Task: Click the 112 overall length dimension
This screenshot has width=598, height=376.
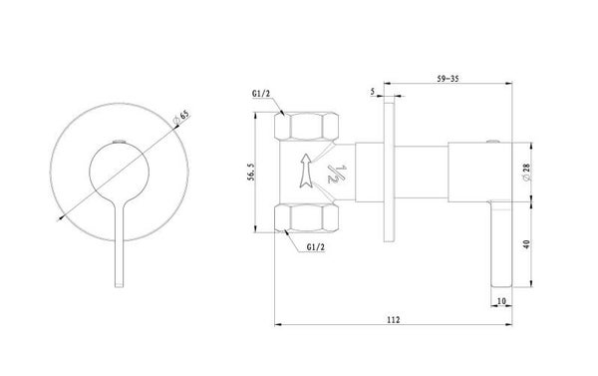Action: [x=394, y=319]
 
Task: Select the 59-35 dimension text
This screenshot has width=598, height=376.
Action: [x=448, y=79]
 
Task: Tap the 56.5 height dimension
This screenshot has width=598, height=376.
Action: [x=250, y=172]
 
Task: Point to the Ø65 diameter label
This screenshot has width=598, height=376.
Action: [x=181, y=118]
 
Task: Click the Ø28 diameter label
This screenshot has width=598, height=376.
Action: [x=526, y=173]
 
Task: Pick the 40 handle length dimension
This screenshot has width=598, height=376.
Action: [x=526, y=244]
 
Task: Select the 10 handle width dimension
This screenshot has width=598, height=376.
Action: [x=501, y=301]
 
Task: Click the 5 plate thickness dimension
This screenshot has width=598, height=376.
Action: [x=373, y=92]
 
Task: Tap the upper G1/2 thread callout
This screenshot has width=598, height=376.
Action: [x=261, y=94]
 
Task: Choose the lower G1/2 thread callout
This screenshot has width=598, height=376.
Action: [x=316, y=247]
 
